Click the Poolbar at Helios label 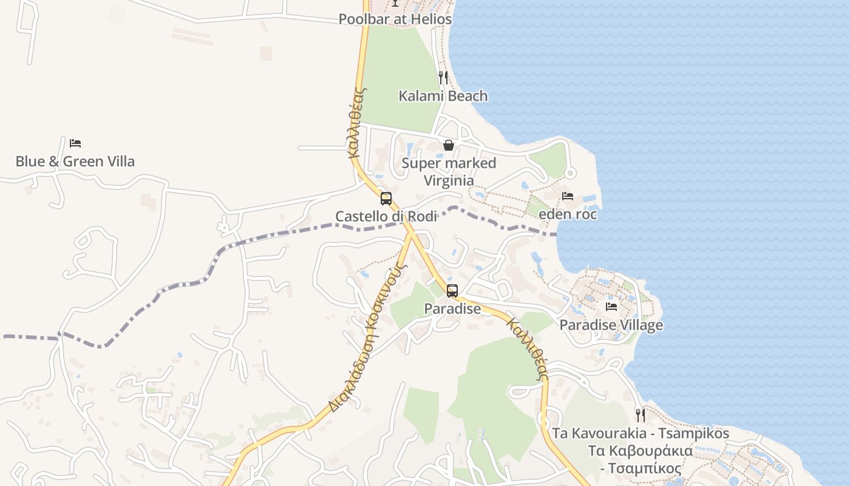(x=395, y=19)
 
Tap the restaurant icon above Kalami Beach (x=443, y=77)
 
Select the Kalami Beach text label (x=443, y=96)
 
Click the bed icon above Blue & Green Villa (x=75, y=143)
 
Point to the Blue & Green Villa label (x=75, y=162)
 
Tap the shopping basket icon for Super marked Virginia (x=449, y=145)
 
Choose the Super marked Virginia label (x=449, y=171)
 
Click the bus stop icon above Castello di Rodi (x=386, y=199)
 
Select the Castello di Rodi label (x=386, y=216)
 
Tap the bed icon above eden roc (x=568, y=196)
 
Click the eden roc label (x=568, y=214)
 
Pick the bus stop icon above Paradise (x=452, y=291)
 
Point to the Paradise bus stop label (x=452, y=309)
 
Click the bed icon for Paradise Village (x=611, y=307)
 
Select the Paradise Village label (x=611, y=325)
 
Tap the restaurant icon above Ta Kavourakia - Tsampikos (x=641, y=416)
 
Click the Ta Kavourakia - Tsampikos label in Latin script (x=641, y=434)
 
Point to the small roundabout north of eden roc (x=569, y=174)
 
